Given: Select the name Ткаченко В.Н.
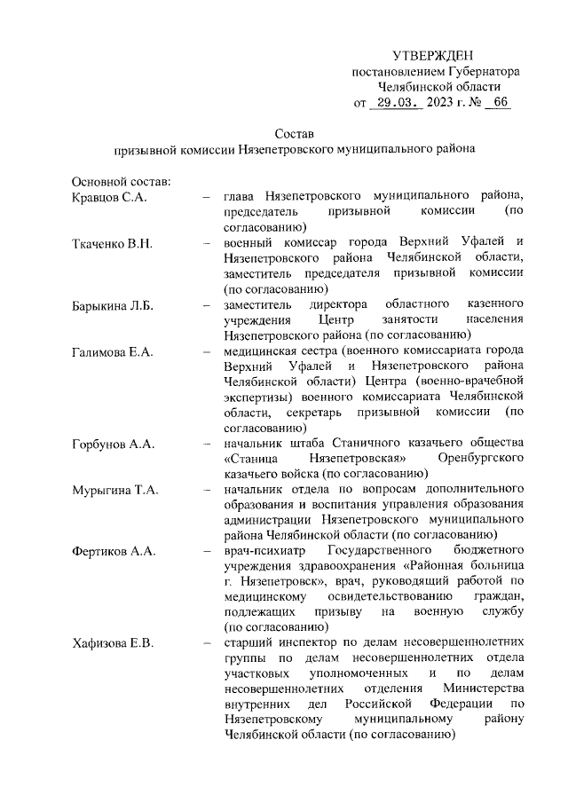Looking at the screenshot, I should (110, 242).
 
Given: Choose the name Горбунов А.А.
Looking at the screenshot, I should (113, 442).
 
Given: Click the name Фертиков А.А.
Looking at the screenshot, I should (114, 551).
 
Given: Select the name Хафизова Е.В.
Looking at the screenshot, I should (113, 643).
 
